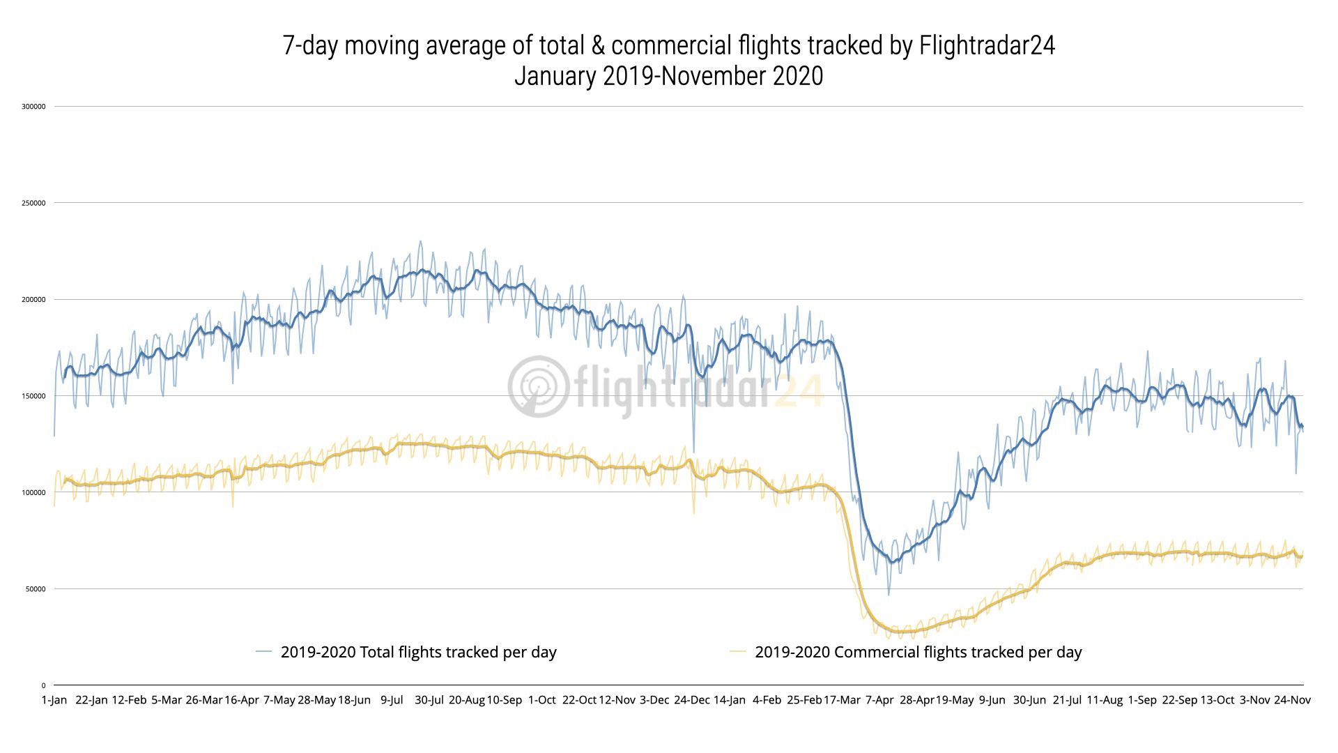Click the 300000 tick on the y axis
point(33,107)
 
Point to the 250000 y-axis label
point(33,203)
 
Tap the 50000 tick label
point(36,589)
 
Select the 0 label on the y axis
point(43,685)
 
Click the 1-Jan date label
point(54,700)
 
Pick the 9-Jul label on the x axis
point(392,700)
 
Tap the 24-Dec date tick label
point(691,700)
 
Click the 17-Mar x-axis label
point(842,700)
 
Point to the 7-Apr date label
point(879,700)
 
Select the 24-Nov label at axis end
point(1292,700)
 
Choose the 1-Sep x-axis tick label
point(1142,700)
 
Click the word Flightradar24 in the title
point(987,46)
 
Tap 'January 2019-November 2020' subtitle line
point(668,76)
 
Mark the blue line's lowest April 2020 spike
point(889,595)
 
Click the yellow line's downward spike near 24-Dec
point(693,514)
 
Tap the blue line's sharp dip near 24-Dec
point(693,452)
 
